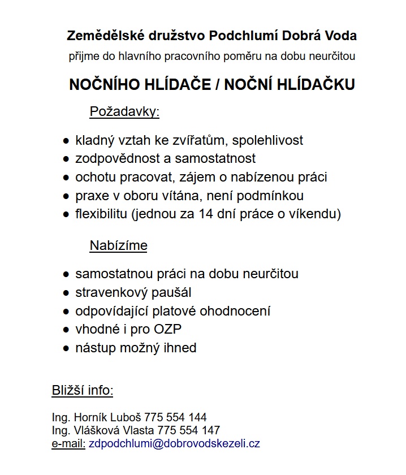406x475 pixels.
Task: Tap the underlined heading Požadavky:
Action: pos(125,112)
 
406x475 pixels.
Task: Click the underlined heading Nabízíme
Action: pos(118,245)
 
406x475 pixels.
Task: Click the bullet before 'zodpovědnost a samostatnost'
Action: pos(66,159)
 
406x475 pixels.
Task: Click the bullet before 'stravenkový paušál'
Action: pos(66,293)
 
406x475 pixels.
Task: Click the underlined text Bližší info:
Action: pos(83,391)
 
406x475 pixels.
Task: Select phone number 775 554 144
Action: pos(175,418)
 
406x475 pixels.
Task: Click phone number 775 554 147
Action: pos(189,430)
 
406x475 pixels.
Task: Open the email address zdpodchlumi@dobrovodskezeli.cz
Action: pos(174,443)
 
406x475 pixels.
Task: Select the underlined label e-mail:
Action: pos(68,443)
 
